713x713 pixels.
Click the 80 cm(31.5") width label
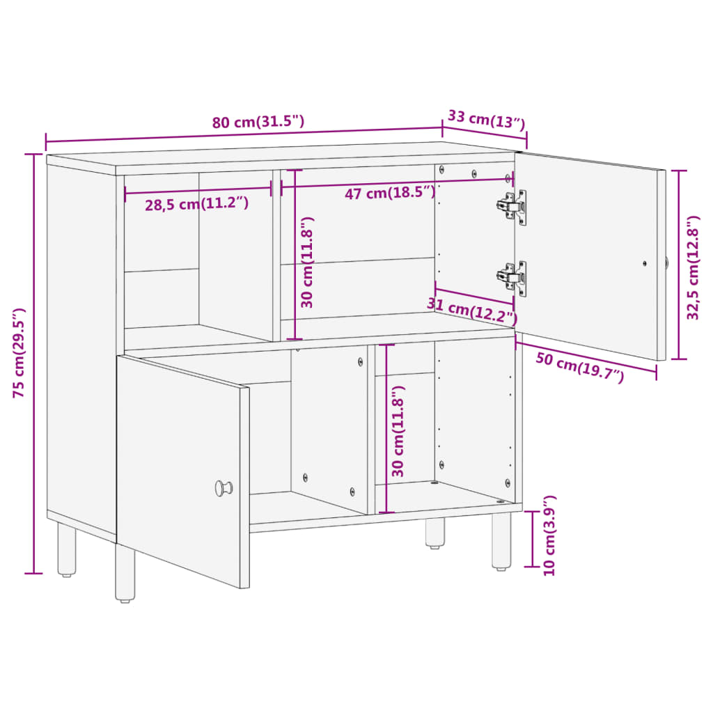coord(258,122)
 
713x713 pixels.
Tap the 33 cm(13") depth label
coord(485,120)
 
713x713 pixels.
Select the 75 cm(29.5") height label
coord(20,352)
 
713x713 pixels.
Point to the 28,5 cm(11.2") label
coord(196,205)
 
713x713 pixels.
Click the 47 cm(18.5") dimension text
coord(390,193)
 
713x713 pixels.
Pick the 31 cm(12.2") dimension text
coord(472,311)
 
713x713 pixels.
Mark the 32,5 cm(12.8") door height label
coord(693,267)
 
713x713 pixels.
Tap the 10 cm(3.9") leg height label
coord(550,535)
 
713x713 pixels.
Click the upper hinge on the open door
coord(512,206)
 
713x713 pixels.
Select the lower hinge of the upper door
coord(512,278)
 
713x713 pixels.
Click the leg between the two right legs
coord(434,533)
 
